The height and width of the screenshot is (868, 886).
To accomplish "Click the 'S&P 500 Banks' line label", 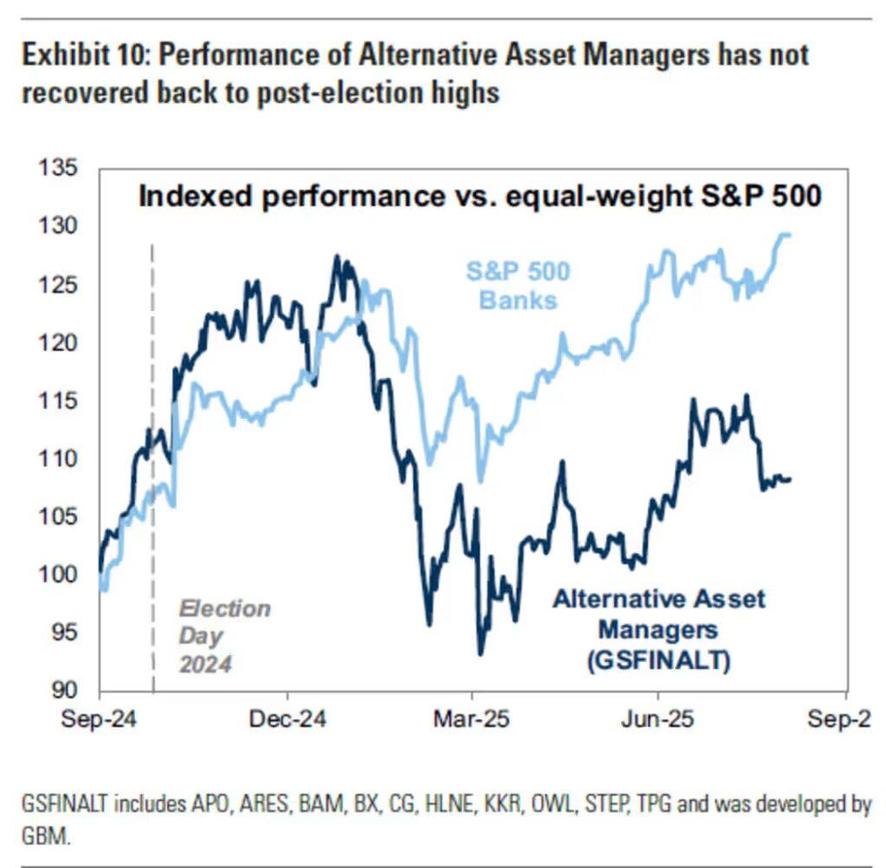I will click(x=518, y=286).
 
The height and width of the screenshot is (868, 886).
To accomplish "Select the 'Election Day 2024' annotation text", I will click(x=223, y=636).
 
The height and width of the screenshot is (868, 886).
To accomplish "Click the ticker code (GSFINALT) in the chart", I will click(x=658, y=661).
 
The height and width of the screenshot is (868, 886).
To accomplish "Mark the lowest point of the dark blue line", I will click(x=480, y=653).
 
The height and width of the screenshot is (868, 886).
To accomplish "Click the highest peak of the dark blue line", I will click(x=336, y=257).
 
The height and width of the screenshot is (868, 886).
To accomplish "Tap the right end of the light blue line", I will click(x=789, y=235).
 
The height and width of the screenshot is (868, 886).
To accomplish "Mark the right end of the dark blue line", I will click(x=790, y=479).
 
